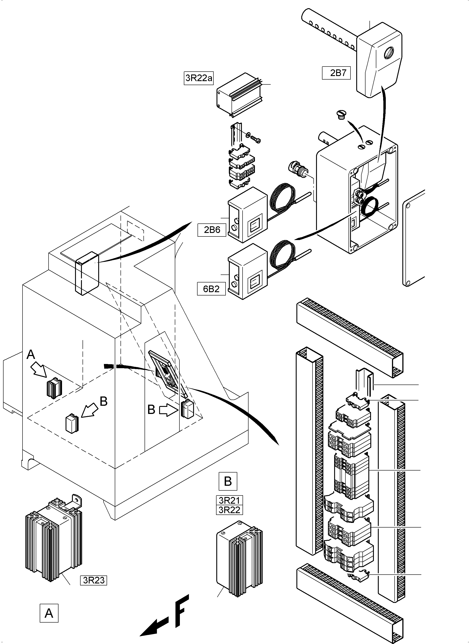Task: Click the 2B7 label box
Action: (x=336, y=73)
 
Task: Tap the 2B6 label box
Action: (x=212, y=230)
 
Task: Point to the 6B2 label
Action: (x=211, y=289)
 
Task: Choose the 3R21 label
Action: (x=229, y=500)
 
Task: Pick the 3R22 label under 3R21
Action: (x=229, y=510)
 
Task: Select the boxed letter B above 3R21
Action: (x=228, y=481)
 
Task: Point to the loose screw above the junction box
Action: (x=340, y=115)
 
